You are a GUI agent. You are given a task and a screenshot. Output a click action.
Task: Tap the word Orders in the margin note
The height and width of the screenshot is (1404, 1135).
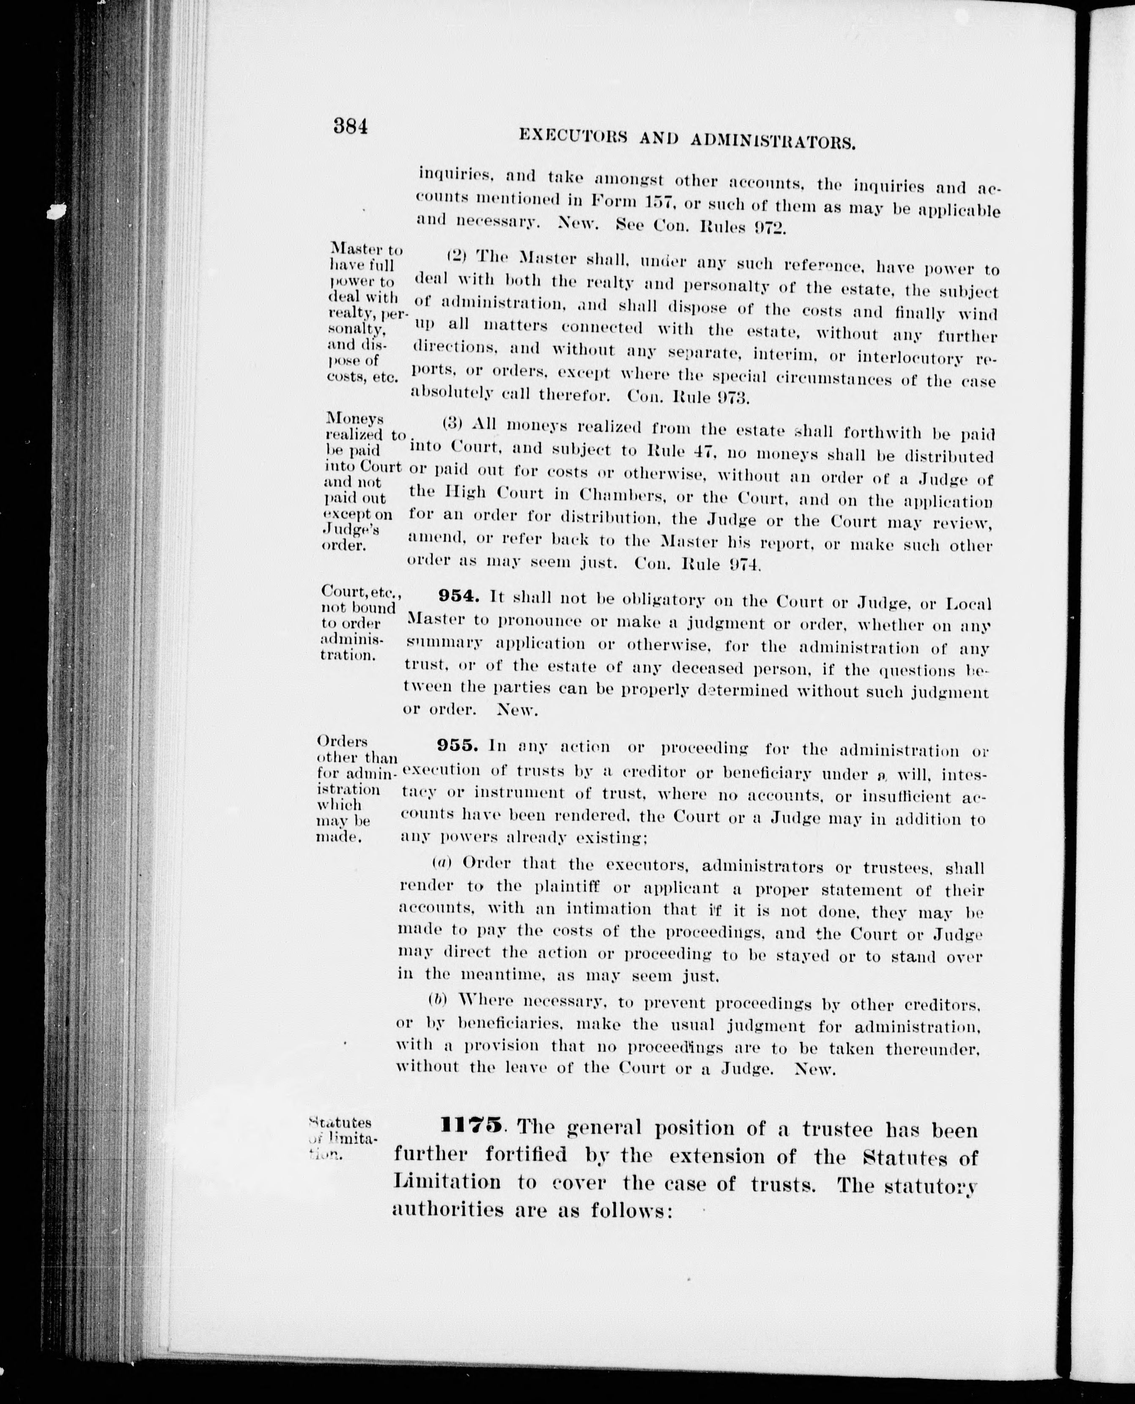click(x=342, y=742)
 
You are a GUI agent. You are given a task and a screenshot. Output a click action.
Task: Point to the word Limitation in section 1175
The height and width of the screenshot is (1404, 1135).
click(x=447, y=1181)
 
